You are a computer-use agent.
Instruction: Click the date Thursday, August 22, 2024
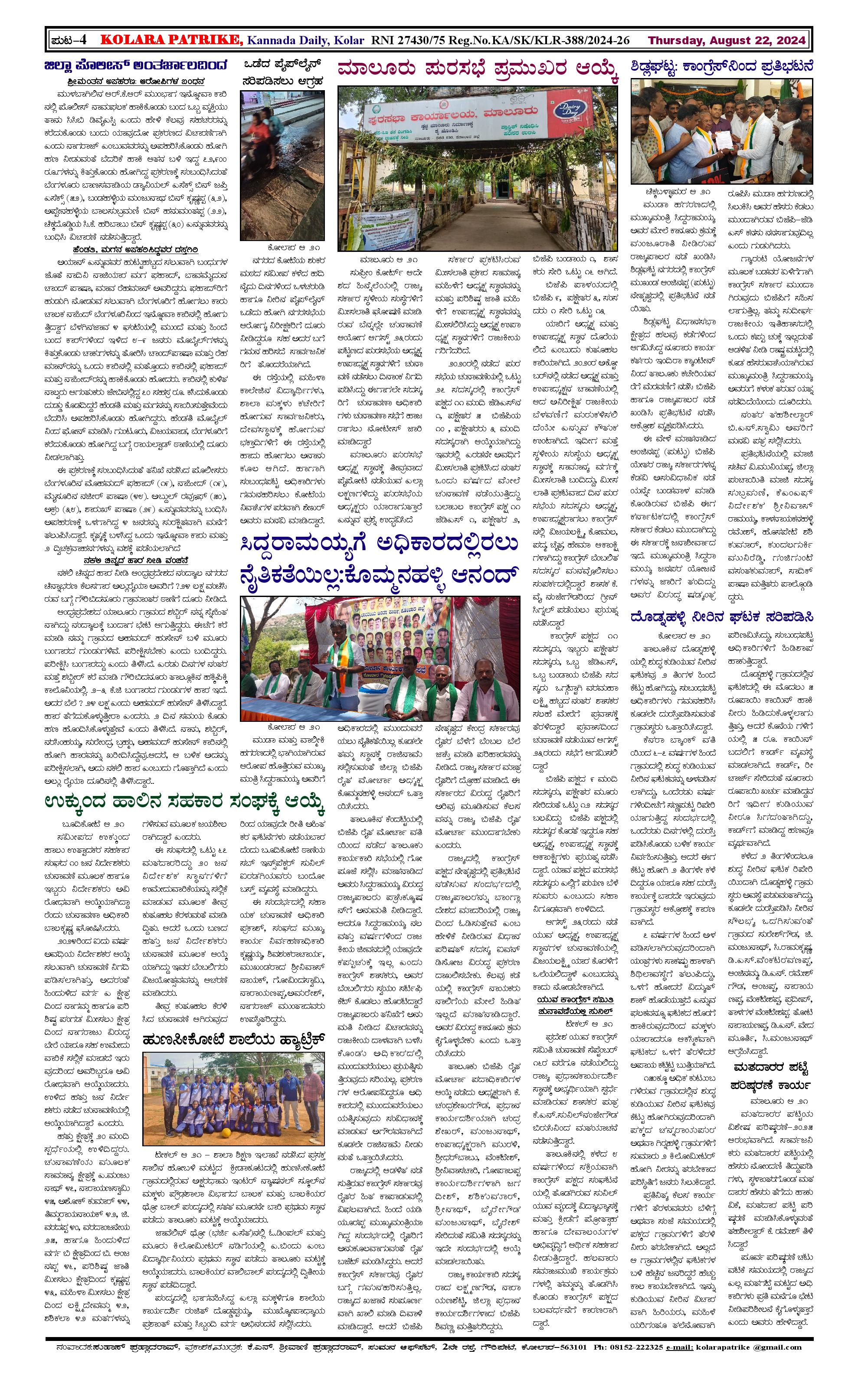pyautogui.click(x=727, y=40)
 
